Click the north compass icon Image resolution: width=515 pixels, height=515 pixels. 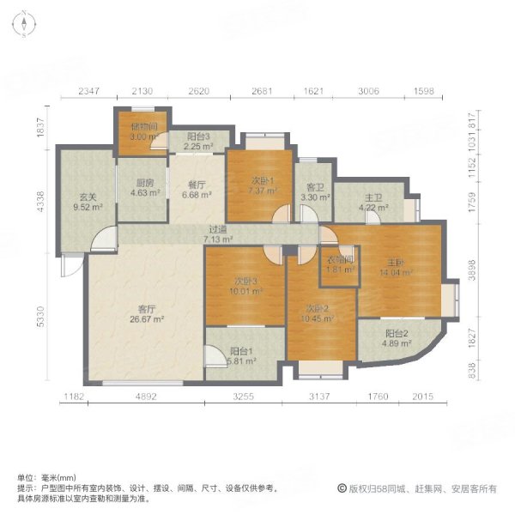click(x=27, y=27)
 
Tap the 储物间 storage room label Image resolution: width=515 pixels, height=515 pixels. click(x=141, y=130)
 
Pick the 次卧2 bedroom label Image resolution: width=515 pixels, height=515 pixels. click(x=318, y=314)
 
